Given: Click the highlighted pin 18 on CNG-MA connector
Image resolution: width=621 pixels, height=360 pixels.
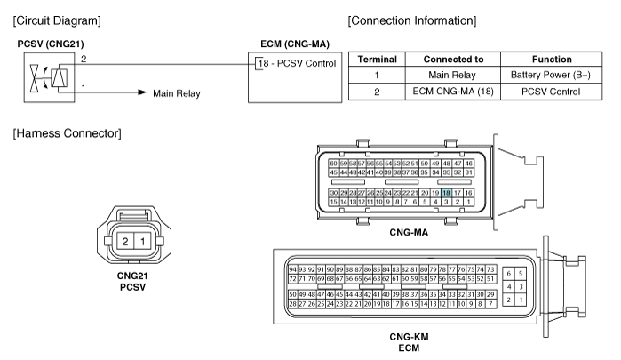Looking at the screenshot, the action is point(446,193).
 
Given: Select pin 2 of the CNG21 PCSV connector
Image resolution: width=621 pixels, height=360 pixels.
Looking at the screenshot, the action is point(125,241).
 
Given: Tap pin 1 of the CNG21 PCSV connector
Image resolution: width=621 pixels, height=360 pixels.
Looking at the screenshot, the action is point(142,241).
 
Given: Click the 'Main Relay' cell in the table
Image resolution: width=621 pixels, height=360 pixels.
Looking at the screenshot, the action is point(452,75).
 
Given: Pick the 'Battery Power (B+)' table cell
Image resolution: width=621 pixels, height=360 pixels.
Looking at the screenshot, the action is point(551,75).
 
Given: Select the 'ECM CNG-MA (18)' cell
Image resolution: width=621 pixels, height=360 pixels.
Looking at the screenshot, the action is point(452,92).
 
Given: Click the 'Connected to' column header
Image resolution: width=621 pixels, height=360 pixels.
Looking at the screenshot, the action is point(453,60).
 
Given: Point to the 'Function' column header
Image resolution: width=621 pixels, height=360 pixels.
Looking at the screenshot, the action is point(552,60).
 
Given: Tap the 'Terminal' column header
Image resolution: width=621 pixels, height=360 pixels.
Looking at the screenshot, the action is point(377,60).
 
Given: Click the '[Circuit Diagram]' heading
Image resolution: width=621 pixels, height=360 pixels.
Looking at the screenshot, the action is point(57,20).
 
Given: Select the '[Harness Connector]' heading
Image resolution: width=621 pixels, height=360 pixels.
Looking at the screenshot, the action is point(67,133).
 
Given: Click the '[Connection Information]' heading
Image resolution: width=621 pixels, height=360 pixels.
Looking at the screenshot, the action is point(412,20).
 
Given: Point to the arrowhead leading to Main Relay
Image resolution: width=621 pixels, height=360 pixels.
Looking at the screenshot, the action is point(142,92).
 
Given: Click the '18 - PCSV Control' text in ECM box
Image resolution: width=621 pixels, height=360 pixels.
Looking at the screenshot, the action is point(297,63).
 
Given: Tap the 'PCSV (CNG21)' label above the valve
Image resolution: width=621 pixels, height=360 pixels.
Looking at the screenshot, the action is point(51,44).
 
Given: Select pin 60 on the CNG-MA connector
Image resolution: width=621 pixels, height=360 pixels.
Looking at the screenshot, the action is point(333,164).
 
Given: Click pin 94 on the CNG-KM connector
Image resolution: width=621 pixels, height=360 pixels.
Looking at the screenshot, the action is point(292,269).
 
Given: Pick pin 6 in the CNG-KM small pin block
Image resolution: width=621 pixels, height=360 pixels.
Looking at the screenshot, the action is point(508,274).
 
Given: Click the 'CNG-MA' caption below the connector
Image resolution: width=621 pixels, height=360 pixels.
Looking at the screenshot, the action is point(409,232).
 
